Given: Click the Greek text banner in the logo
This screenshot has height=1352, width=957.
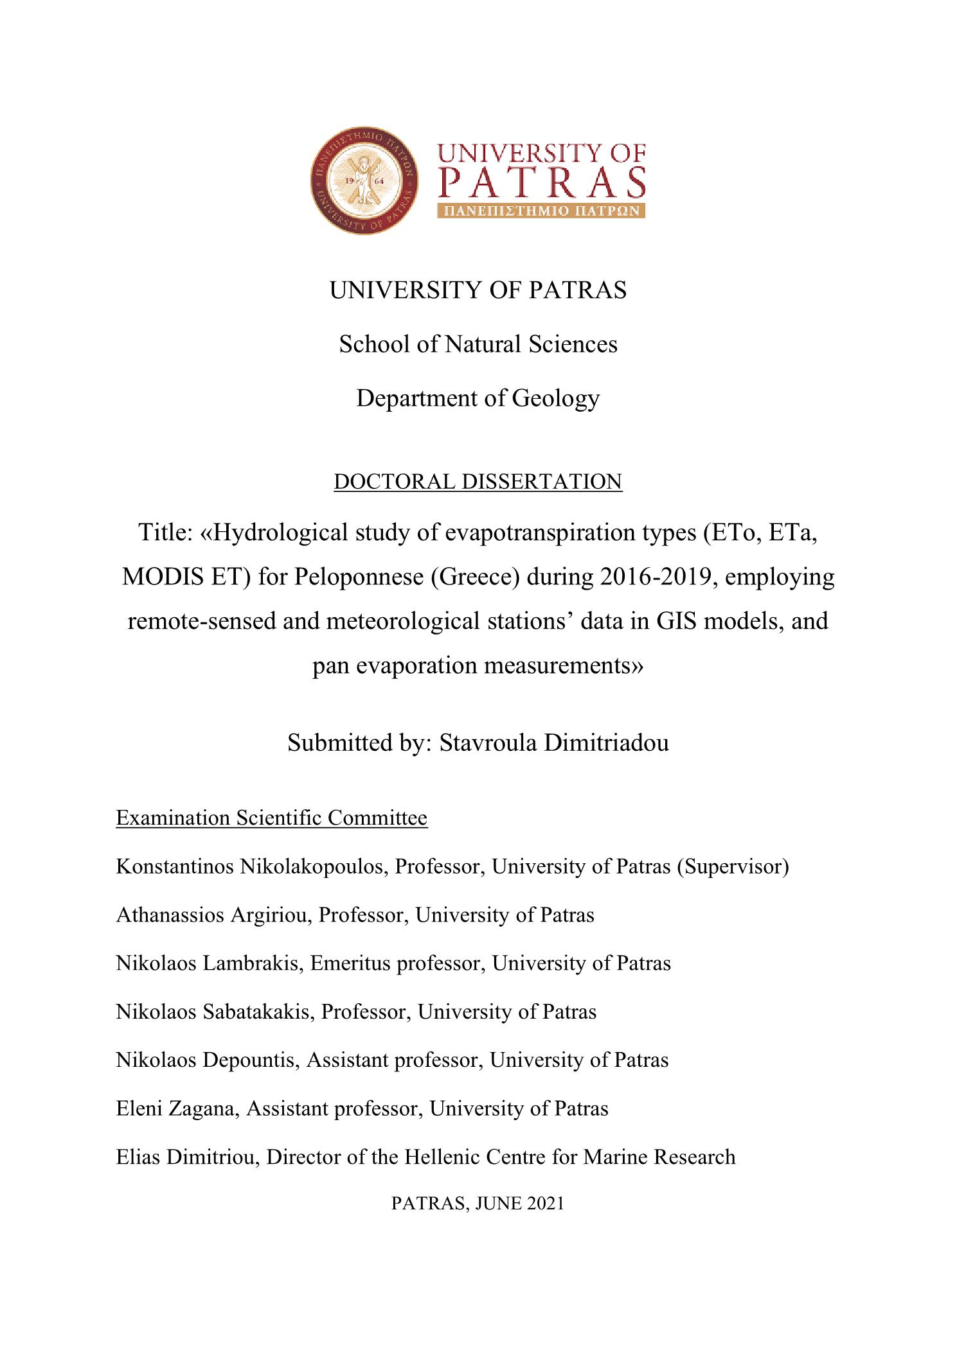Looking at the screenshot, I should pos(541,211).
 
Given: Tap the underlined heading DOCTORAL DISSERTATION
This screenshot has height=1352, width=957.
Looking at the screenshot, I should pos(478,481).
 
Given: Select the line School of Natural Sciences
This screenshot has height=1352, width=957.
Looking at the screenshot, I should pos(478,344).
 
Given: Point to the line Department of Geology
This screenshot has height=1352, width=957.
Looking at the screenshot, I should pos(478,398).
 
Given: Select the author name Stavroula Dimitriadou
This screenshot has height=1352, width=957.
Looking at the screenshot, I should pos(553,742).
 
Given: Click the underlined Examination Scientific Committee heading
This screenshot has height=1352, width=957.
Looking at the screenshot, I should pos(271,818).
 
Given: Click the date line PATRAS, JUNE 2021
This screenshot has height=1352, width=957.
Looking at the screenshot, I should pos(478,1203).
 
